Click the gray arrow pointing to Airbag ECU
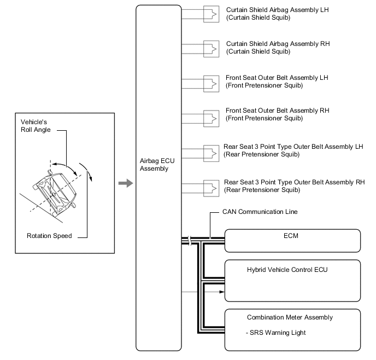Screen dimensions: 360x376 [x=126, y=183]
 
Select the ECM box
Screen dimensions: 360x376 [x=292, y=240]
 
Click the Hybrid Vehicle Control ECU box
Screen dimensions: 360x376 [x=292, y=280]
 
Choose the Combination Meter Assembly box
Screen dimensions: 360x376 [x=292, y=329]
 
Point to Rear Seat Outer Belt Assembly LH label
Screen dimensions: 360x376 [x=293, y=150]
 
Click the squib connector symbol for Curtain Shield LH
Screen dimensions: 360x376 [x=211, y=14]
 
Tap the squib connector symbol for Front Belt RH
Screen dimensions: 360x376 [x=211, y=117]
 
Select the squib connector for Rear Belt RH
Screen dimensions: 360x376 [x=211, y=186]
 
